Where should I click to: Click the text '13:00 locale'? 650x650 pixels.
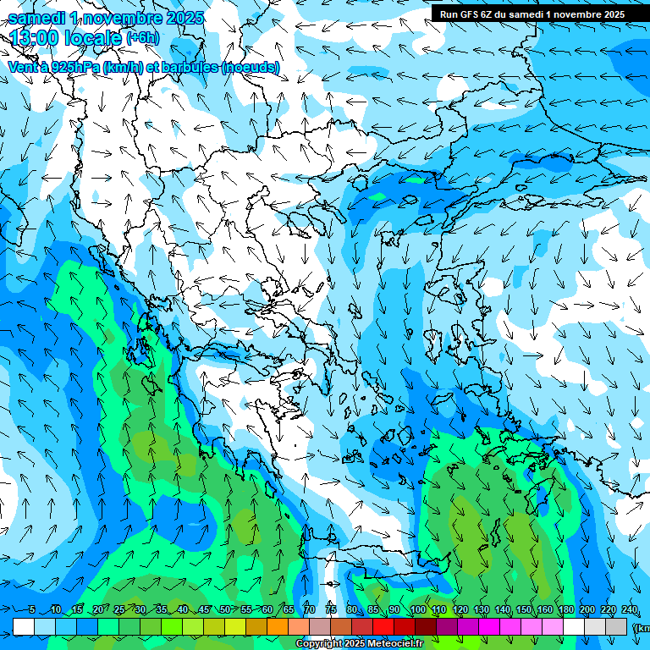pos(64,37)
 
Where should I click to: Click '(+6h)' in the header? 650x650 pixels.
pos(142,37)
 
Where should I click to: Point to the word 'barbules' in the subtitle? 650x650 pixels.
pos(185,66)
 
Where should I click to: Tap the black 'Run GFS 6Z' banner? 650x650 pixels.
pos(532,14)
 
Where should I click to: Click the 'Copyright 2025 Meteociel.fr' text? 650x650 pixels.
pos(371,644)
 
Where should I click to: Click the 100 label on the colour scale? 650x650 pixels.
pos(417,610)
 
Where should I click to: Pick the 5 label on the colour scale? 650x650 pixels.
pos(31,610)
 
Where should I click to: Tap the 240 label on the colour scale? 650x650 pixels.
pos(630,610)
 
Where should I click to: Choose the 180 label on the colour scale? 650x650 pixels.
pos(566,610)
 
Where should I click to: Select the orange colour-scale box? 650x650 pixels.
pos(278,626)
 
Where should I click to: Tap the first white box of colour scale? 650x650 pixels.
pos(24,626)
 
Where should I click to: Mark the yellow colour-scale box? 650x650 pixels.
pos(235,626)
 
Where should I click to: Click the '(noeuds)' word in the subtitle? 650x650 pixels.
pos(251,66)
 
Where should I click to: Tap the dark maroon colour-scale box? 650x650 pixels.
pos(426,626)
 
